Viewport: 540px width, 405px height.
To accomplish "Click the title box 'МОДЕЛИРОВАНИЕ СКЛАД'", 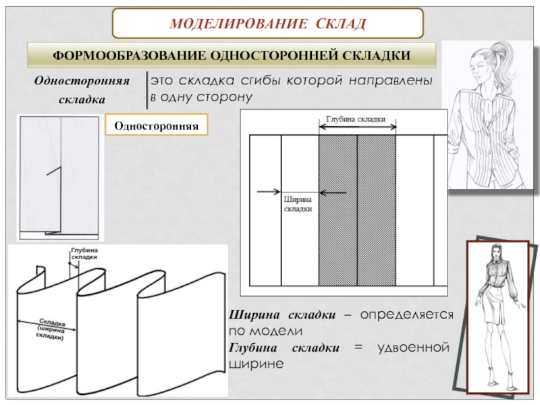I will [x=268, y=24].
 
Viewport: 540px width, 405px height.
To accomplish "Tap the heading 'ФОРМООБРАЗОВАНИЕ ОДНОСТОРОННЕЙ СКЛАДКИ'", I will [x=232, y=55].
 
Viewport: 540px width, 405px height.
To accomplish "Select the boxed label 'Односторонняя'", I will [x=155, y=126].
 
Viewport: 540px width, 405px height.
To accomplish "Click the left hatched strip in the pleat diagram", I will [x=337, y=209].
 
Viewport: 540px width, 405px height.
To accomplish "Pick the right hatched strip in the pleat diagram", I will [x=376, y=209].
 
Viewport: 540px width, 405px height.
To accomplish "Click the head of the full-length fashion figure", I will [x=495, y=255].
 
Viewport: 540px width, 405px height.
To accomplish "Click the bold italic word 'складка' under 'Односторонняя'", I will [x=82, y=99].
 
